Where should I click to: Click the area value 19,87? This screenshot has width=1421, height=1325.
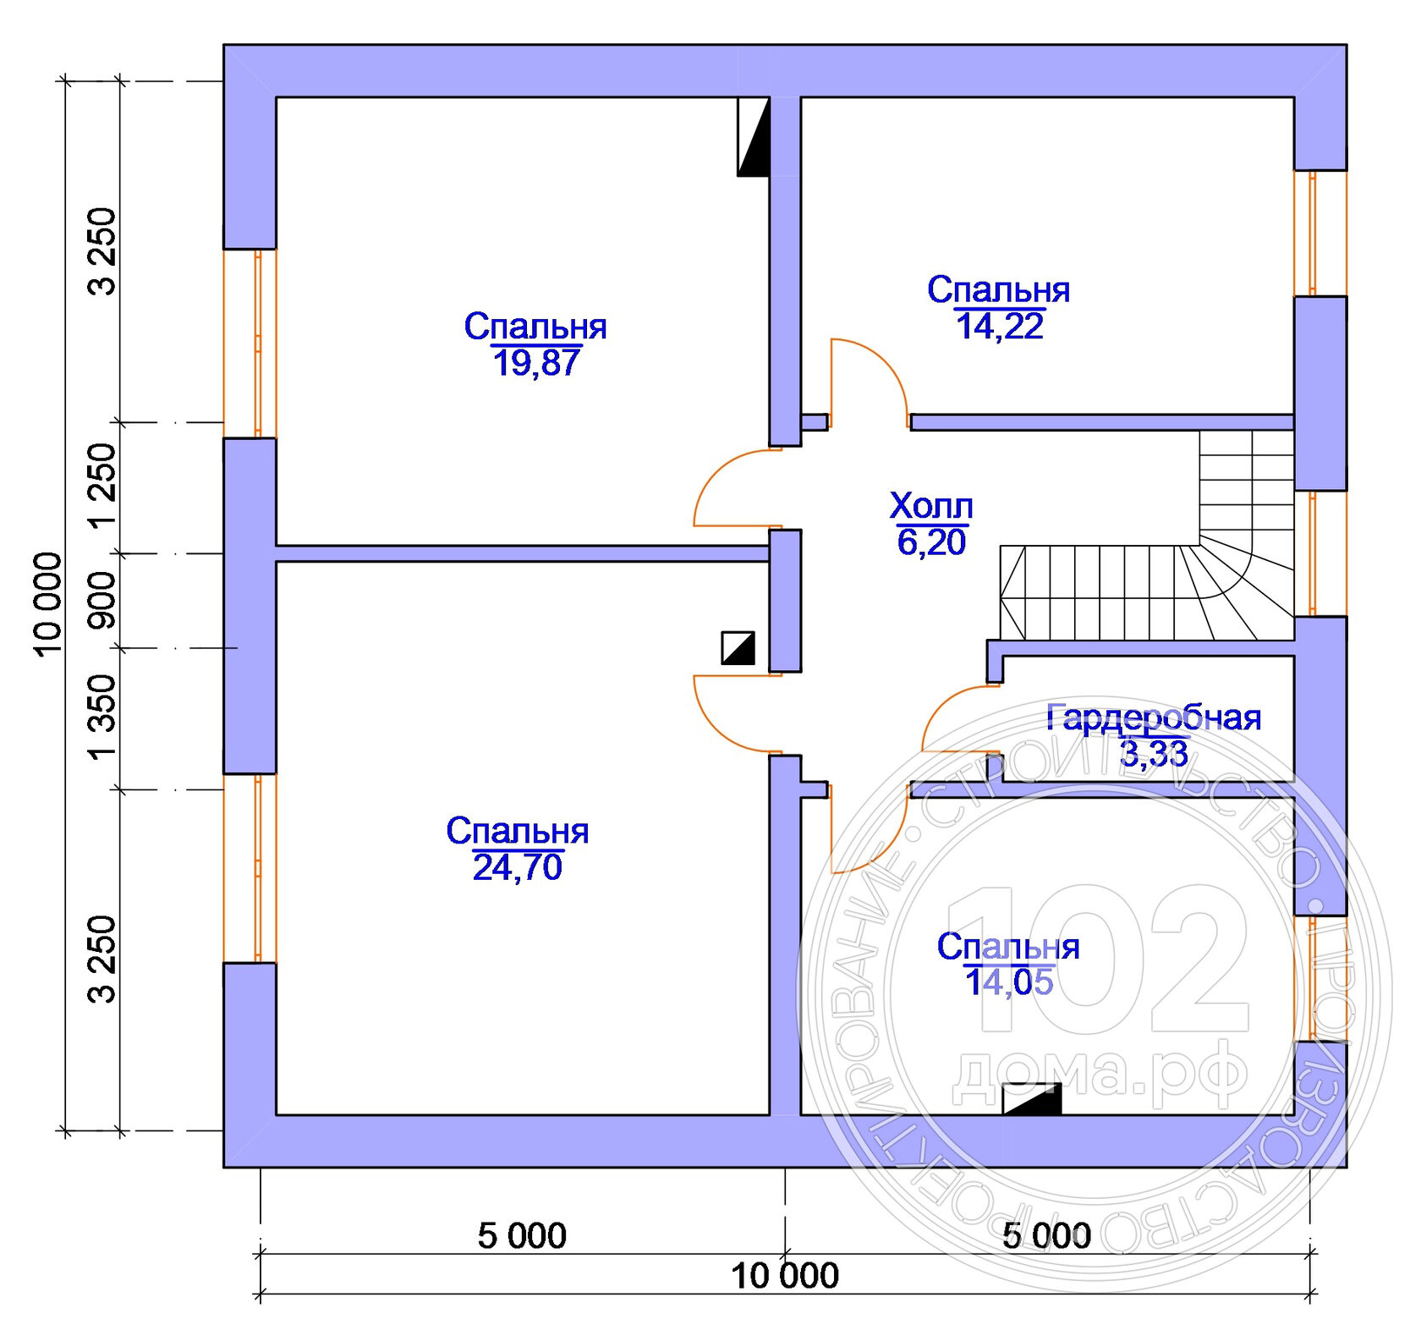tap(535, 363)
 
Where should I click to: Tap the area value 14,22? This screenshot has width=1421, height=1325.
tap(999, 327)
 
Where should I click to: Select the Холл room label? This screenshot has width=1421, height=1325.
tap(930, 506)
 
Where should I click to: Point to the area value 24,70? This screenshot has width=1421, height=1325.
tap(517, 867)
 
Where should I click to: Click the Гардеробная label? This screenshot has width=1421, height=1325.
tap(1154, 717)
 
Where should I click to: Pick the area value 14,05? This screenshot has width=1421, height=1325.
tap(1008, 982)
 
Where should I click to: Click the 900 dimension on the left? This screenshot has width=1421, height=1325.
tap(102, 600)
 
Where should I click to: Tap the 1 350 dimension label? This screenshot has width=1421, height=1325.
tap(102, 717)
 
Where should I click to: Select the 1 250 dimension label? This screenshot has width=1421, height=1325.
tap(102, 486)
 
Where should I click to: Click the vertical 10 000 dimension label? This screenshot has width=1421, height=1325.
tap(48, 603)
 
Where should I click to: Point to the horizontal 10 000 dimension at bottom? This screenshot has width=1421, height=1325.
tap(784, 1276)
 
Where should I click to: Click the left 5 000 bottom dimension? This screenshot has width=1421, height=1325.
tap(522, 1236)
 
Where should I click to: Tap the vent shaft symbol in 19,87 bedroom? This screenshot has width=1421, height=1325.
tap(753, 137)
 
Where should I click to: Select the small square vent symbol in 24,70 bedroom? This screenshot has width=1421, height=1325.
tap(738, 648)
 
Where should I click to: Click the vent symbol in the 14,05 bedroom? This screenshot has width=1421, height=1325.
tap(1031, 1099)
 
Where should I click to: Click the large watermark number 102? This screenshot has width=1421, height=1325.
tap(1100, 960)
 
